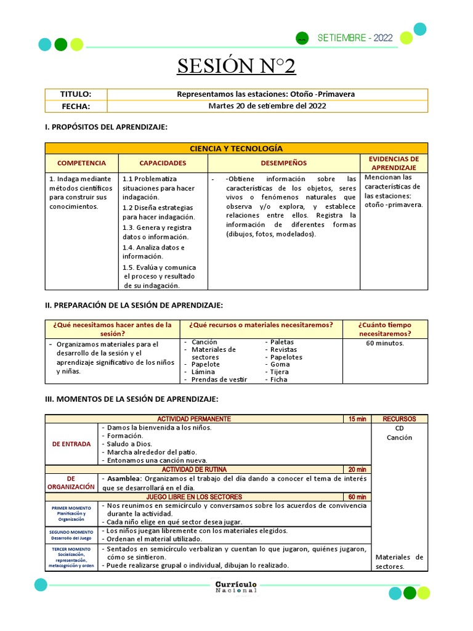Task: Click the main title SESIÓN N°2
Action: point(236,65)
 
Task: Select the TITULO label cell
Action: point(76,94)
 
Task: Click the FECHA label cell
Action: point(76,106)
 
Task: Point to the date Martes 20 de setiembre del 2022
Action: point(267,106)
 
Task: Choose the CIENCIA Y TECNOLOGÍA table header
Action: point(236,149)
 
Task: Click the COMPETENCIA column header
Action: point(81,163)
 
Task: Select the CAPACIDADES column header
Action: point(163,163)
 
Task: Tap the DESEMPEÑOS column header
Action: point(283,163)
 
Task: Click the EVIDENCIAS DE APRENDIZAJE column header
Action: point(394,163)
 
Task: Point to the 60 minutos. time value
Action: point(385,343)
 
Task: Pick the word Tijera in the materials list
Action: point(280,372)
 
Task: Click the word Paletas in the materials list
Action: point(282,342)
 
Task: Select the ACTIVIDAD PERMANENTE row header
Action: point(194,419)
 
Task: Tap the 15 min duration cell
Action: point(357,419)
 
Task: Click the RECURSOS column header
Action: point(399,419)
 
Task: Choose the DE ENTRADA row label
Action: point(71,444)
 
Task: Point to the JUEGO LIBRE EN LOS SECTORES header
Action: point(194,497)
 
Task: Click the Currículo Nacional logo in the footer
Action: point(236,587)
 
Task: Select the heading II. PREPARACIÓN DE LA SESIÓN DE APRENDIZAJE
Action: point(134,306)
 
